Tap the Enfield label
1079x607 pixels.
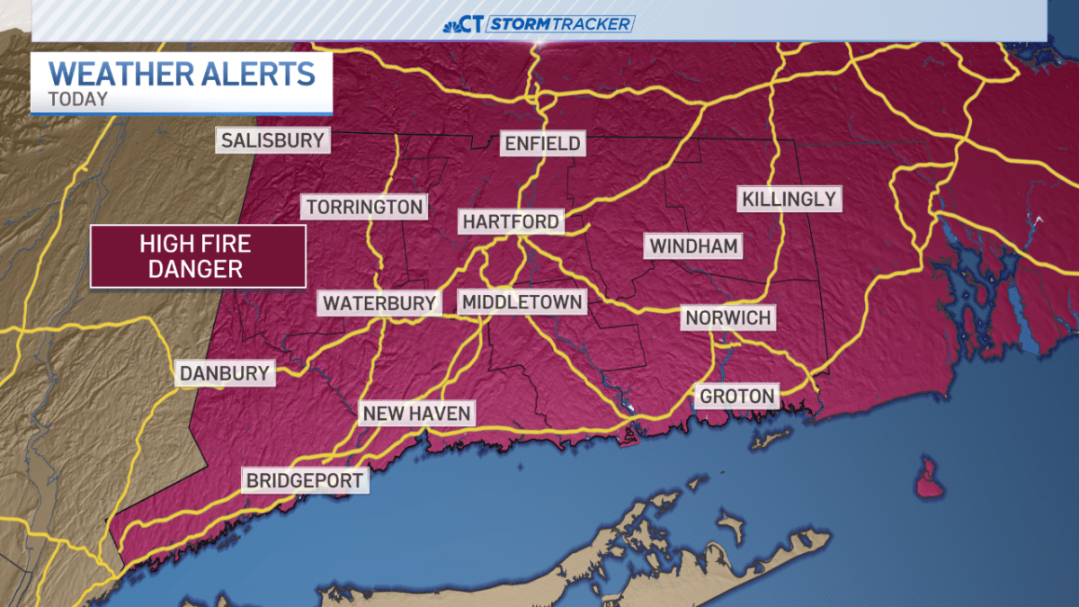tap(542, 143)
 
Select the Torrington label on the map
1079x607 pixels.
tap(364, 207)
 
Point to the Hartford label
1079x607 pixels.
tap(511, 221)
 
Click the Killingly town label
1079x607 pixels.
tap(789, 199)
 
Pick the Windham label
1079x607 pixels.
tap(694, 245)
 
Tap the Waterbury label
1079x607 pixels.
tap(379, 303)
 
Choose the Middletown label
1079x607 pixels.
tap(522, 302)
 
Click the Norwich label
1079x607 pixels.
tap(727, 317)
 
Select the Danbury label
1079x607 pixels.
tap(225, 373)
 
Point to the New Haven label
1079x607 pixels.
tap(416, 414)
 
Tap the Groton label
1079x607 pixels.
tap(736, 396)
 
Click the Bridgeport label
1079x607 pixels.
tap(306, 480)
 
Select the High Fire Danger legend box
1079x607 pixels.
tap(198, 255)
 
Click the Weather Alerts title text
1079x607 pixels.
tap(182, 73)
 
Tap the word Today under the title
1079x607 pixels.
tap(78, 99)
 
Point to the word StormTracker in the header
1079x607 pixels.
tap(560, 24)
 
